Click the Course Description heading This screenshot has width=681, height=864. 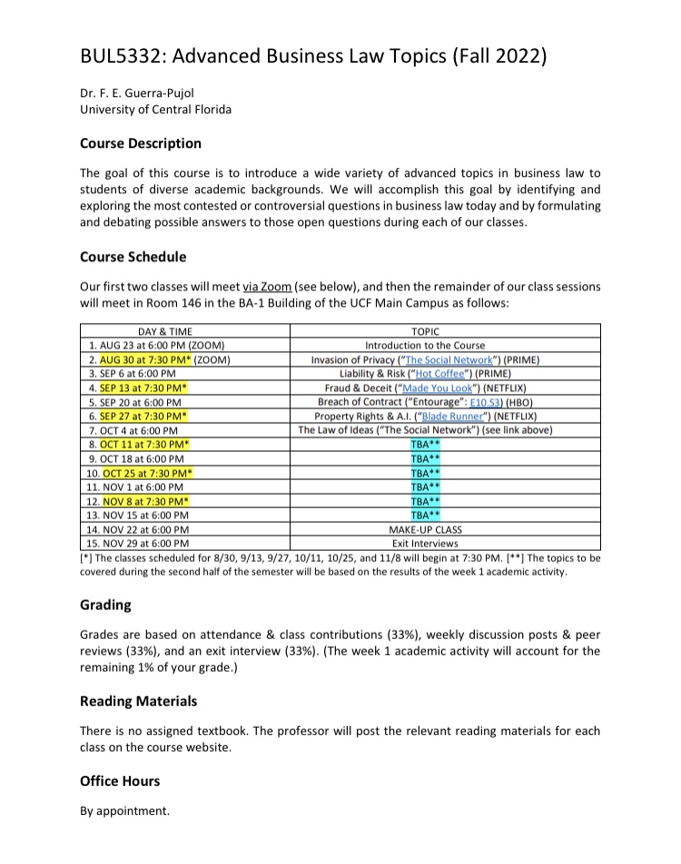pyautogui.click(x=141, y=143)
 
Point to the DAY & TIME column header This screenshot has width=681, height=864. pyautogui.click(x=164, y=332)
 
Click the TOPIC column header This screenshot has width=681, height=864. pyautogui.click(x=425, y=332)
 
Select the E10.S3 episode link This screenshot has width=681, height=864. pyautogui.click(x=477, y=401)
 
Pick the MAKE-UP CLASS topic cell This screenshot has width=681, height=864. pyautogui.click(x=425, y=528)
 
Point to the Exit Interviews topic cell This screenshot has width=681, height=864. pyautogui.click(x=425, y=542)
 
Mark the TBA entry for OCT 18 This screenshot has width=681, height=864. pyautogui.click(x=425, y=458)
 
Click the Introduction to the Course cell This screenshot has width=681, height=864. pyautogui.click(x=425, y=346)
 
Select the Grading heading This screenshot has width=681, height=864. pyautogui.click(x=105, y=604)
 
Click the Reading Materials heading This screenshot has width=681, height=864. pyautogui.click(x=138, y=702)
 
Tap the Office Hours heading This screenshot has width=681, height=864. pyautogui.click(x=120, y=781)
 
